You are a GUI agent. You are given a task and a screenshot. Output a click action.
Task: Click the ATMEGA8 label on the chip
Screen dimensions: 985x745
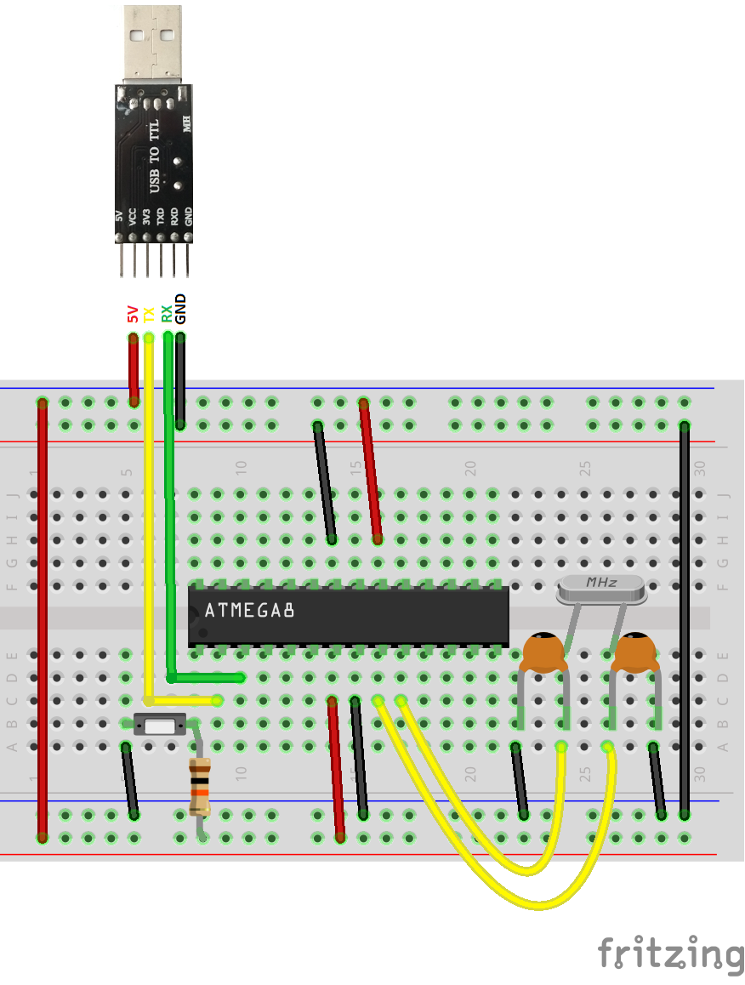tap(249, 611)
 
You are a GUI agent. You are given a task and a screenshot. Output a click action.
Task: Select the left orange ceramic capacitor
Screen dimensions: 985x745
tap(543, 653)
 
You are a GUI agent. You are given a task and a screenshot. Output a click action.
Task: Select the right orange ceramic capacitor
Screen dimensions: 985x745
tap(635, 653)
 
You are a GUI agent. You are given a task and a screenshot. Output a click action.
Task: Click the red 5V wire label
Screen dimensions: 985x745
tap(133, 314)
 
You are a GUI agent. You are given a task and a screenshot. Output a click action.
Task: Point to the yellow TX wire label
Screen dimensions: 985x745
tap(149, 314)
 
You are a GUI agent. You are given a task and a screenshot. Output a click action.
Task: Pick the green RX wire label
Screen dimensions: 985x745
tap(167, 314)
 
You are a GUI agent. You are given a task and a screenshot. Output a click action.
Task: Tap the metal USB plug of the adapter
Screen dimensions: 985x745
tap(154, 43)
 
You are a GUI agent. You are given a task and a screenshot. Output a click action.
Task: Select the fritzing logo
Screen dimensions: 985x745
tap(669, 954)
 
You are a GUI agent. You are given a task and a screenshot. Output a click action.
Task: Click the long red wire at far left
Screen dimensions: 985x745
tap(42, 621)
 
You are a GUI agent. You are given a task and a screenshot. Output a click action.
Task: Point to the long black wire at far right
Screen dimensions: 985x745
tap(685, 621)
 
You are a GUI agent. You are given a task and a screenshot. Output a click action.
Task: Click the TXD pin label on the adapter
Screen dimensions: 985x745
tap(161, 216)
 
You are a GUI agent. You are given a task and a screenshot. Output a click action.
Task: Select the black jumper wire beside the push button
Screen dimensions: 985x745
tap(130, 781)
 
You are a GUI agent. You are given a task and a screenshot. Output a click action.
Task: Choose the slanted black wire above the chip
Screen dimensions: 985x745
tap(324, 482)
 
